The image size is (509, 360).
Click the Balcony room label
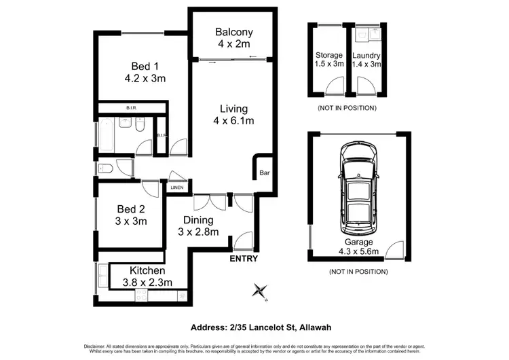233,32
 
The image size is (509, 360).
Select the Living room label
233,109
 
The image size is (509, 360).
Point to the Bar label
265,174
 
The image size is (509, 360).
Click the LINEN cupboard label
177,187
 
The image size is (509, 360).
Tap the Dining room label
198,220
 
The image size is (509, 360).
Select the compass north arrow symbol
259,291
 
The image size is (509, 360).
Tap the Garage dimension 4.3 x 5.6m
358,253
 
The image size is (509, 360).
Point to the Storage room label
329,55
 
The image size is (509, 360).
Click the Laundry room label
366,55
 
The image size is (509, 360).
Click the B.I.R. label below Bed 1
132,107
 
